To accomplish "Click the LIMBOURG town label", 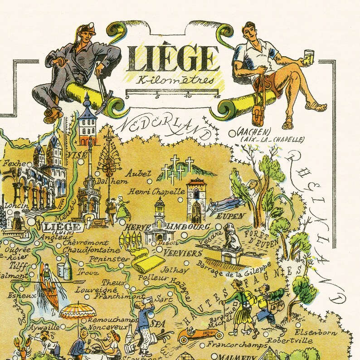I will pyautogui.click(x=182, y=226).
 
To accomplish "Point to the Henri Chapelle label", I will pyautogui.click(x=156, y=191).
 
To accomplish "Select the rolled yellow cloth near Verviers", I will pyautogui.click(x=148, y=263).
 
